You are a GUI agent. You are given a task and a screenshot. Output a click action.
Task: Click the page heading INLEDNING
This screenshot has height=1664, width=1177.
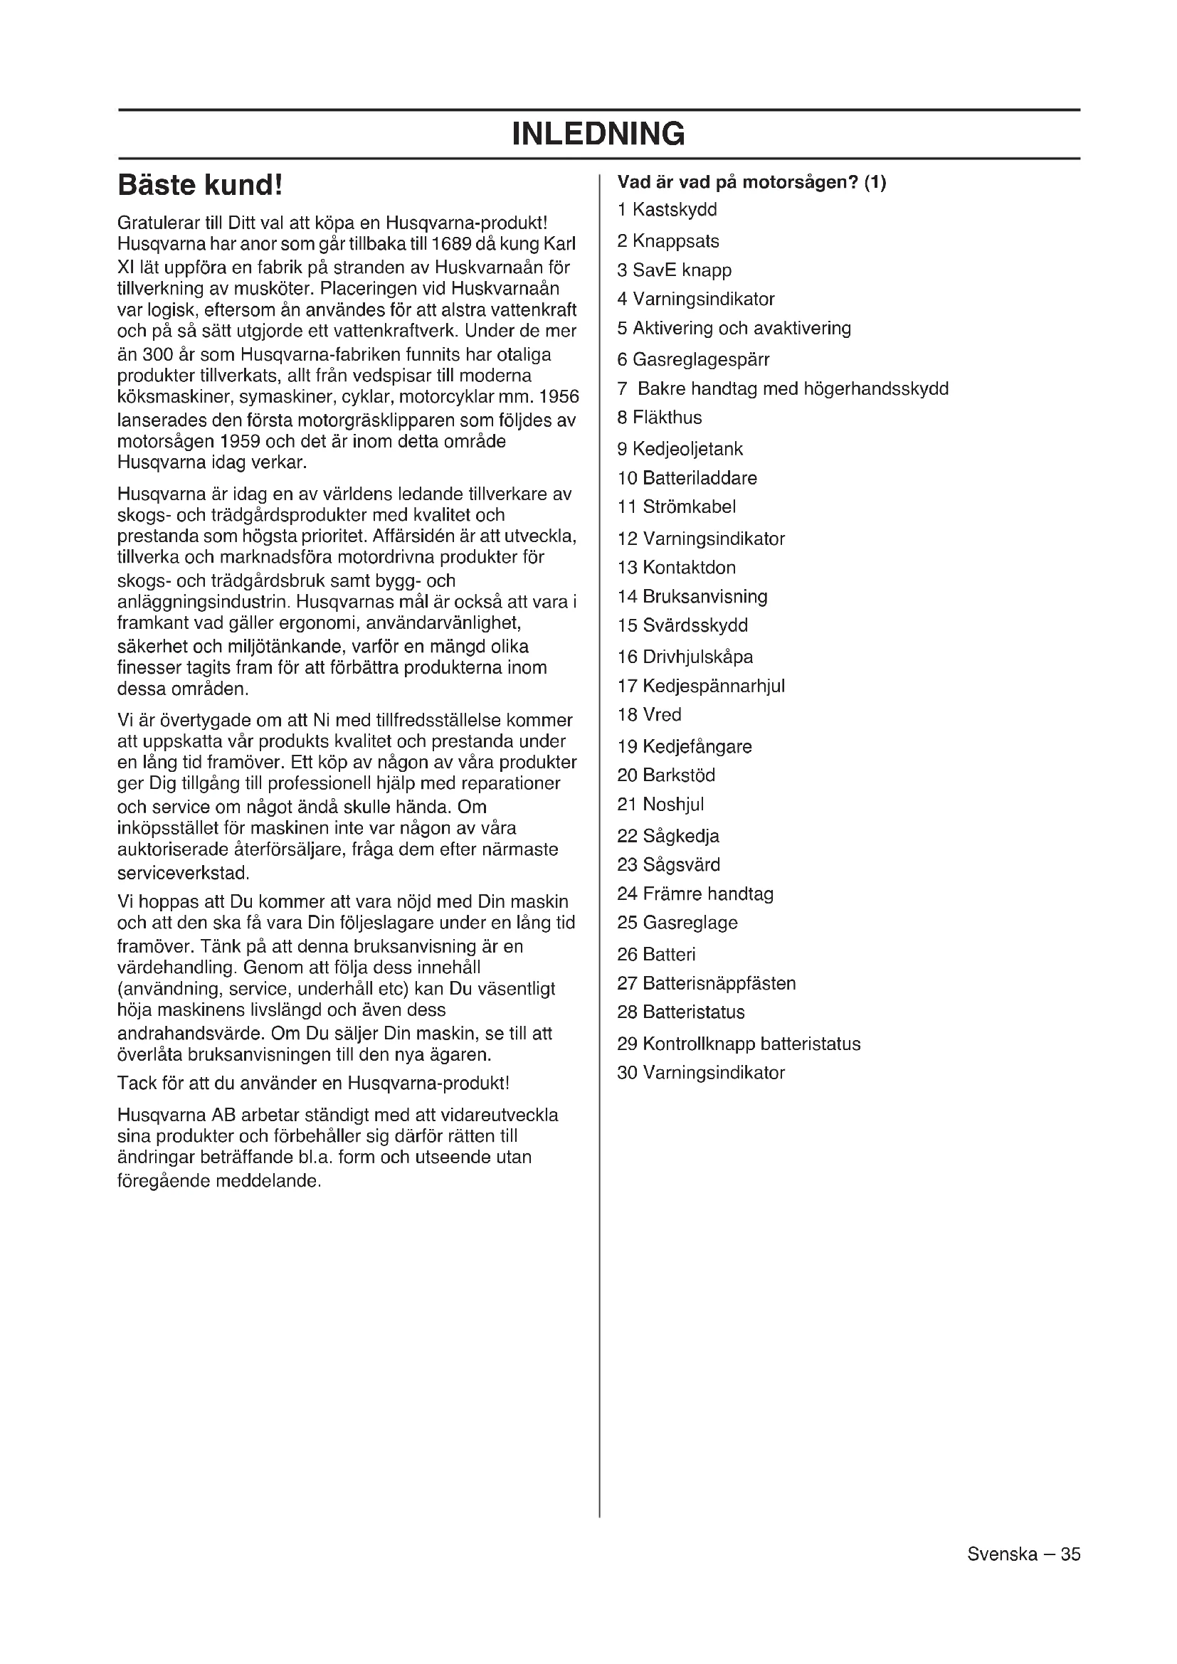pos(598,134)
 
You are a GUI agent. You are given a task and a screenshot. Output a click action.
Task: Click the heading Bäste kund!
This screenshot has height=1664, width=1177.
pos(199,186)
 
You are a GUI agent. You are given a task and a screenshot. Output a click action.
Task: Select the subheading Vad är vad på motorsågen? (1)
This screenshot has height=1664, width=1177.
pos(751,183)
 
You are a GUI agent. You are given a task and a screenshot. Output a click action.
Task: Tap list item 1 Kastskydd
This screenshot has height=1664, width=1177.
pos(667,210)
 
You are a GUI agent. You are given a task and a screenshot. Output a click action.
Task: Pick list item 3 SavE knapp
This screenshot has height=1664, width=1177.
pos(674,270)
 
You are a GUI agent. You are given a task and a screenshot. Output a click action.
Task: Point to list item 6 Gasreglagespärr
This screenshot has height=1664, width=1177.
pos(693,359)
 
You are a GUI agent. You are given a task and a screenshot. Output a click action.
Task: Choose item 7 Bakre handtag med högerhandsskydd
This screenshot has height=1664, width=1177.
pos(783,389)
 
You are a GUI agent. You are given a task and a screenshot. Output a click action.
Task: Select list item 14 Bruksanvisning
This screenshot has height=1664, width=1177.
pos(692,596)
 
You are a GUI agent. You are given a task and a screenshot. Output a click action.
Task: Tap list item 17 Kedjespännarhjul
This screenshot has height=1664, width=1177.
pos(700,686)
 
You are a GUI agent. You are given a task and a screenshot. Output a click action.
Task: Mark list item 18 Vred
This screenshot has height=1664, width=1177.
pos(649,714)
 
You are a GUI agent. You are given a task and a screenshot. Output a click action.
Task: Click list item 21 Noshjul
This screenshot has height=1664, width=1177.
pos(660,805)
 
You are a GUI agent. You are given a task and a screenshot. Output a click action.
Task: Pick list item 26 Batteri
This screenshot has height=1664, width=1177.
pos(656,955)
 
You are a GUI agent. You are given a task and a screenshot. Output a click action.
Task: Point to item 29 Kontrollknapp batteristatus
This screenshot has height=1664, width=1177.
pos(739,1044)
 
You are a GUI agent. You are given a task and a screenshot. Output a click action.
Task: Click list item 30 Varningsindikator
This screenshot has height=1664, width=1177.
pos(700,1073)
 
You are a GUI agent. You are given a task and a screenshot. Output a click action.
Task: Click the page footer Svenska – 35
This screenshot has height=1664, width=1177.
pos(1023,1554)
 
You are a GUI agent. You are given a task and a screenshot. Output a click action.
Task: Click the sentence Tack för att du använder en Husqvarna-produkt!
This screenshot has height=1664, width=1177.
pos(313,1083)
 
